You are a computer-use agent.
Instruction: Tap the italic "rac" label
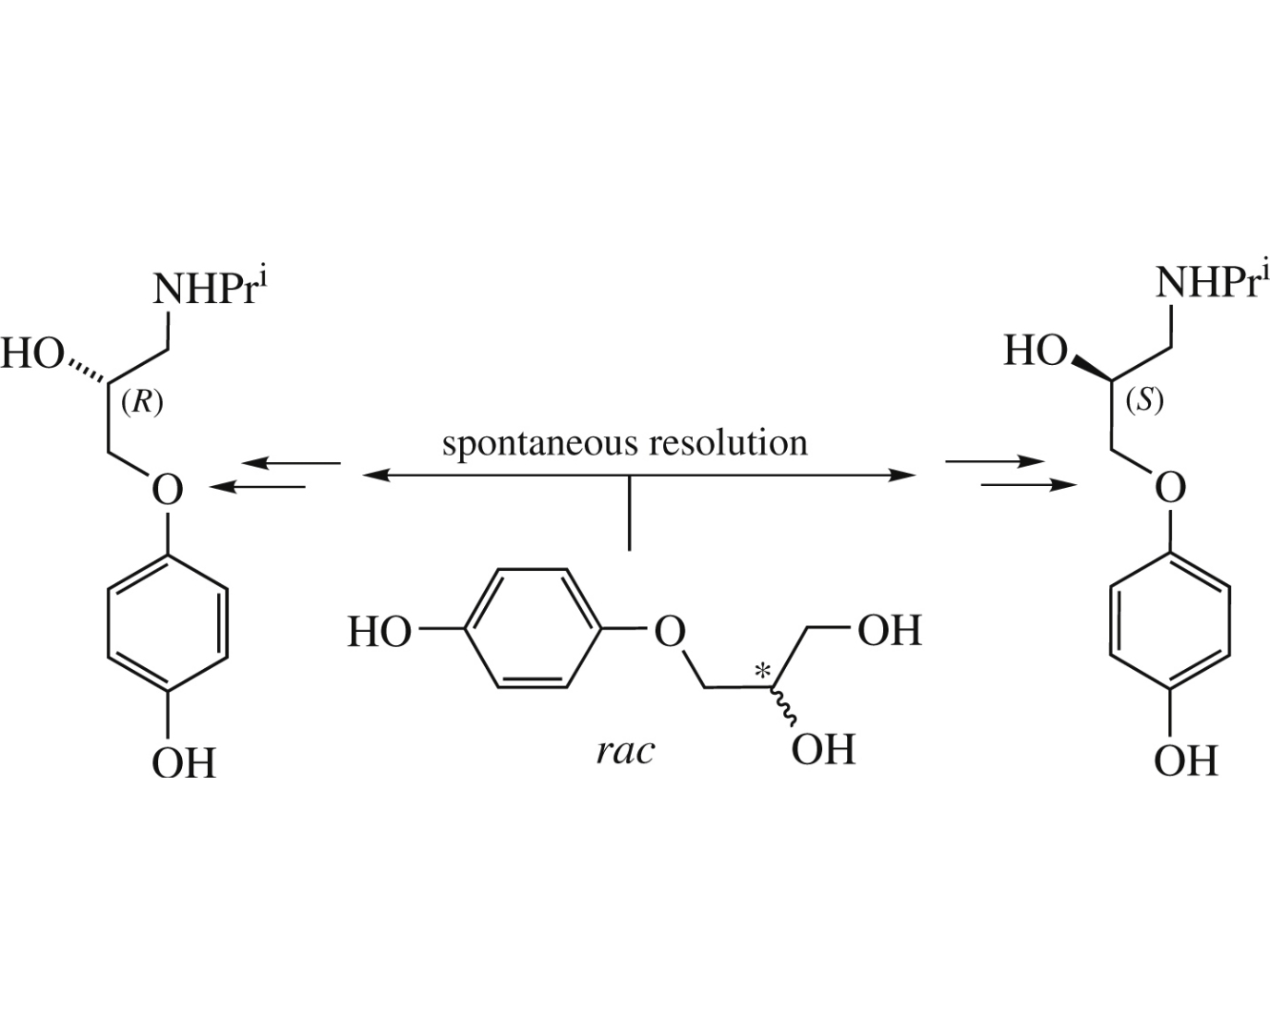click(x=626, y=751)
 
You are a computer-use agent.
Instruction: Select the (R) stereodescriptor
click(x=142, y=402)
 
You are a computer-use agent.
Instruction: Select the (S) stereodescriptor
click(x=1143, y=400)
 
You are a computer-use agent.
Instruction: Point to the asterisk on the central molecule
click(x=762, y=672)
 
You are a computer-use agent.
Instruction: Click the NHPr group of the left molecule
click(x=206, y=289)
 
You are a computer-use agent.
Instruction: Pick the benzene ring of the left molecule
click(x=168, y=624)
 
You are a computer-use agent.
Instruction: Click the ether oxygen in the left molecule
click(x=168, y=490)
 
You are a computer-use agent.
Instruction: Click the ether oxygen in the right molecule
click(x=1170, y=488)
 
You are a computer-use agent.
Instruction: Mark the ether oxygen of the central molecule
click(x=670, y=630)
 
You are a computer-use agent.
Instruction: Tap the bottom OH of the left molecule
click(x=184, y=763)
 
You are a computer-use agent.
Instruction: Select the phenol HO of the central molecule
click(x=378, y=632)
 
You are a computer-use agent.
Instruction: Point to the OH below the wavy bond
click(x=823, y=750)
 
